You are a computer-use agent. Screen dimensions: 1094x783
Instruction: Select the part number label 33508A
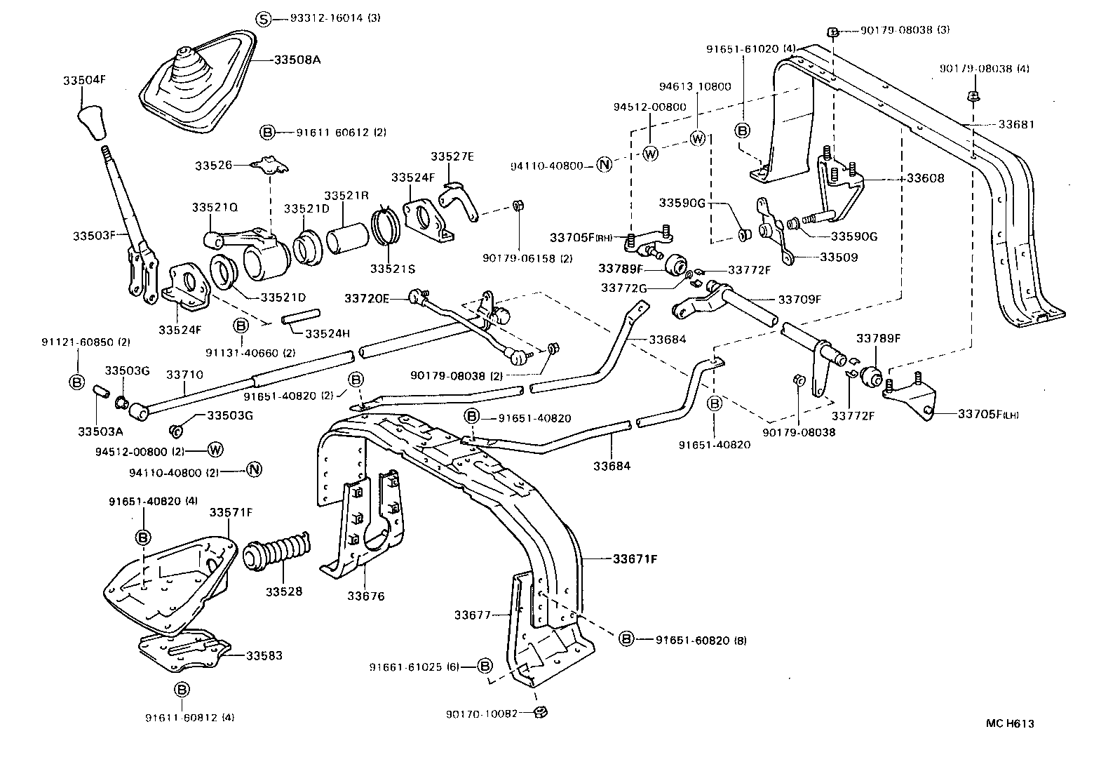click(x=297, y=60)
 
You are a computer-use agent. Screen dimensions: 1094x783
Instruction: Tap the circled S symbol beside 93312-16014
click(x=262, y=19)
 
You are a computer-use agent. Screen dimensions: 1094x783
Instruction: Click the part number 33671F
click(x=635, y=559)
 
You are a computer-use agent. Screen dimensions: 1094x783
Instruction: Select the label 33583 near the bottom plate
click(x=264, y=655)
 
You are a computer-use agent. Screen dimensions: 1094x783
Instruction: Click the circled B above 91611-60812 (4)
click(x=181, y=689)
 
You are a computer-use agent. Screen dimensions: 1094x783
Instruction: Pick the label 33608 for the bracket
click(x=925, y=178)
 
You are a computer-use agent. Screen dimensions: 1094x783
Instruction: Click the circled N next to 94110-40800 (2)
click(x=254, y=470)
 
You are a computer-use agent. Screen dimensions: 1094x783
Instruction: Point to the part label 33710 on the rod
click(x=184, y=375)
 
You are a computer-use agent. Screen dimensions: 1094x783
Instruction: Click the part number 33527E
click(x=452, y=156)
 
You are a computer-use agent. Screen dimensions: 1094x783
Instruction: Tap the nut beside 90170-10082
click(x=541, y=712)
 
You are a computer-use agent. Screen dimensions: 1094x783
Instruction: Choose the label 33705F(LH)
click(x=988, y=414)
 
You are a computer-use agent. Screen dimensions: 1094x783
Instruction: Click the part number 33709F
click(x=799, y=299)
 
